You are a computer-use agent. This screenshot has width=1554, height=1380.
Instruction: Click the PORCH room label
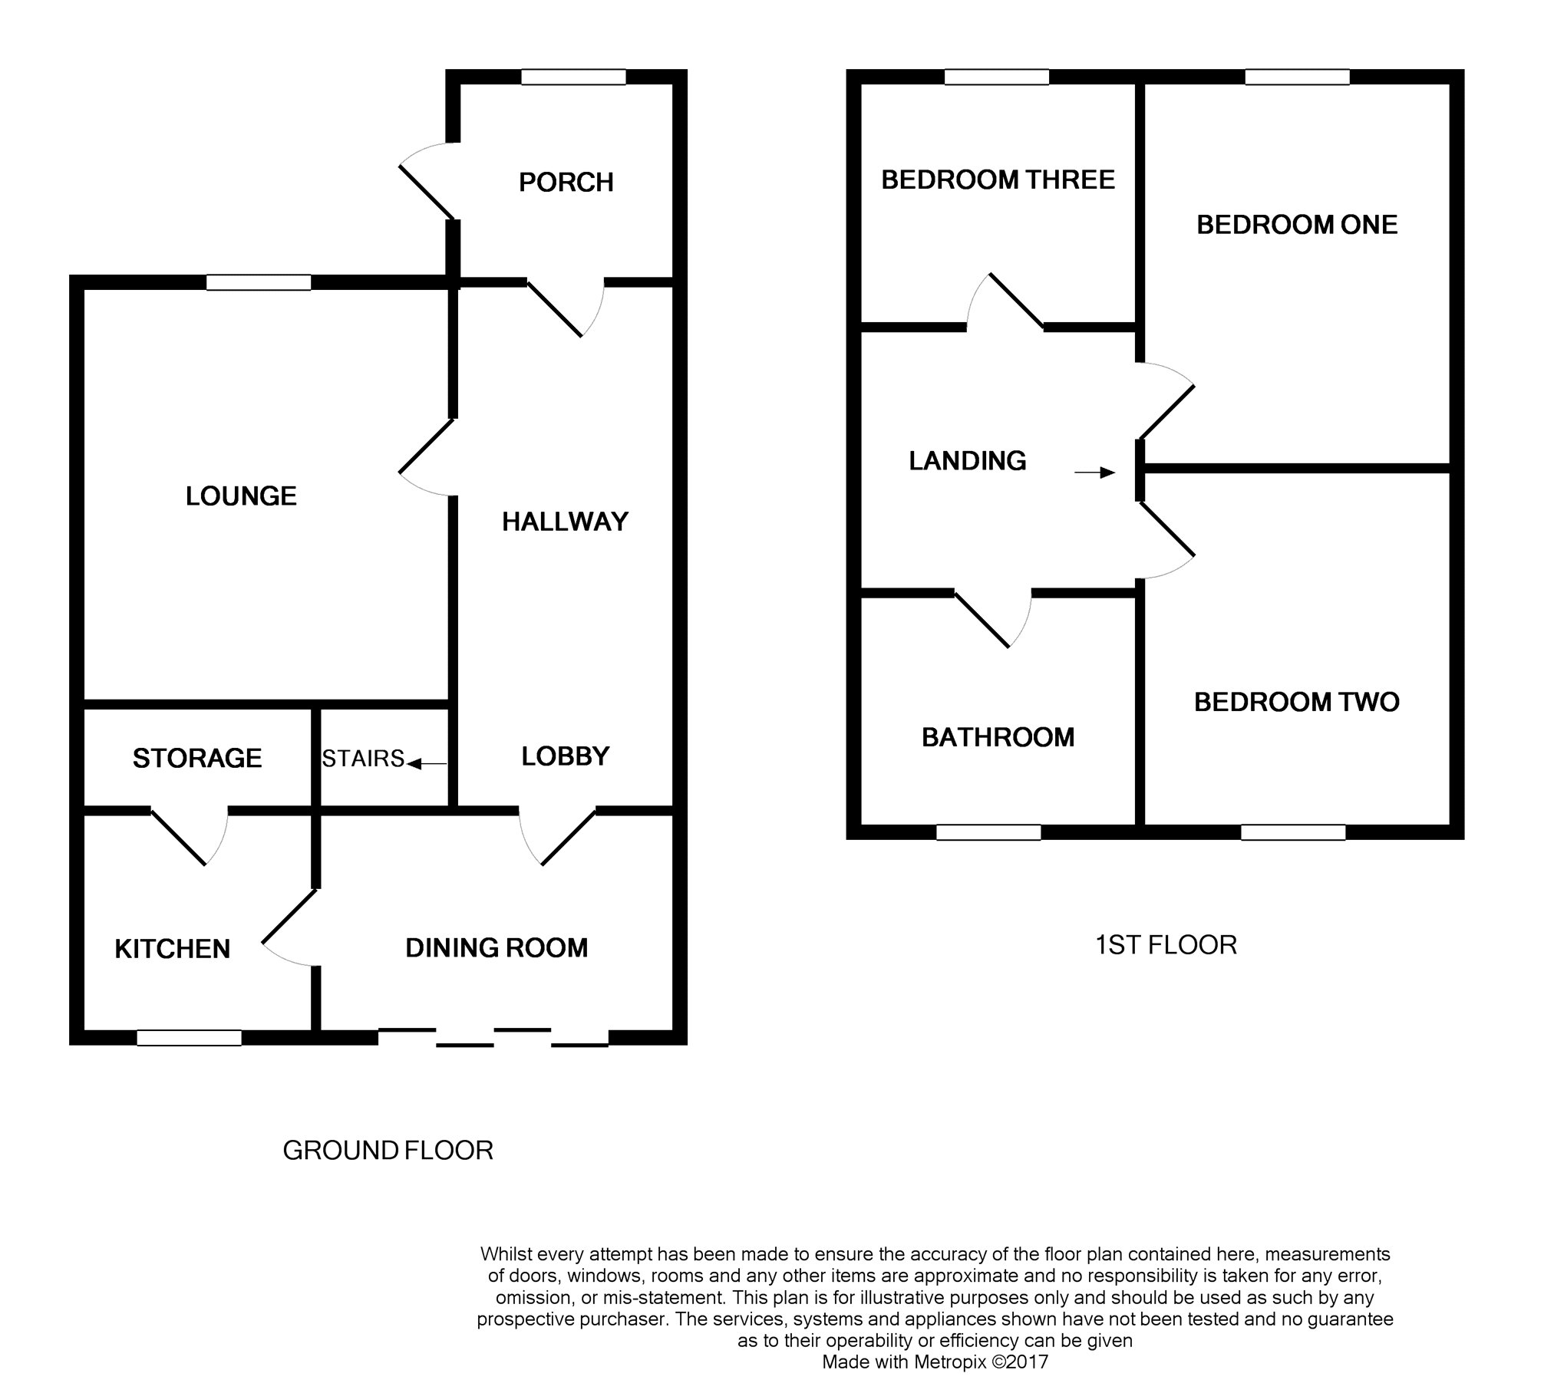click(x=566, y=183)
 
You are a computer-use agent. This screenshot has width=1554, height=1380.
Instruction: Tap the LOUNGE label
click(x=241, y=496)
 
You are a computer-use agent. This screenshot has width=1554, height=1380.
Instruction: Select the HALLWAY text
click(x=565, y=522)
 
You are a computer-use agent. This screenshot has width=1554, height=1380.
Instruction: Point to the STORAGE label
click(x=197, y=759)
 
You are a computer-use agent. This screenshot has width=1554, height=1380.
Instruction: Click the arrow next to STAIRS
click(x=427, y=763)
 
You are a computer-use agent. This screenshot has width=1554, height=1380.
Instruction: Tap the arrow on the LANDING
click(x=1094, y=473)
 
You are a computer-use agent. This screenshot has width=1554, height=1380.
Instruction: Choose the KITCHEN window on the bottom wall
click(x=189, y=1038)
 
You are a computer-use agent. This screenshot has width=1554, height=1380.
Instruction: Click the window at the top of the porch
click(x=573, y=77)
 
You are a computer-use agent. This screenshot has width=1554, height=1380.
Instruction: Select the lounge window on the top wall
click(x=259, y=282)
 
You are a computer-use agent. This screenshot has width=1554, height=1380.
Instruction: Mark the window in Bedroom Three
click(x=996, y=77)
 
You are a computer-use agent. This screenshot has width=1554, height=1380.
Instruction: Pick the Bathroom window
click(x=988, y=832)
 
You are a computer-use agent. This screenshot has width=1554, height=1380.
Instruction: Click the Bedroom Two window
click(x=1293, y=832)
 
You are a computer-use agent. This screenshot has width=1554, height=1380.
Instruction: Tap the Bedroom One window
click(x=1297, y=77)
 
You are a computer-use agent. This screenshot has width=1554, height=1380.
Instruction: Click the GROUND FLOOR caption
click(x=388, y=1151)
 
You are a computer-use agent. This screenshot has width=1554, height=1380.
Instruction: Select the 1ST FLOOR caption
click(x=1166, y=945)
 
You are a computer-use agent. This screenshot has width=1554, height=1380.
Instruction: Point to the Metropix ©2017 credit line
click(x=935, y=1362)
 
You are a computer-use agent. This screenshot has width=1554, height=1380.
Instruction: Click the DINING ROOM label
click(x=497, y=948)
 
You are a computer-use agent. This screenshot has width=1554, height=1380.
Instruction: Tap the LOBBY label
click(x=566, y=756)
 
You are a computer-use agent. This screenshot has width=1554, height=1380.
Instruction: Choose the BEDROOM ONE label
click(x=1297, y=225)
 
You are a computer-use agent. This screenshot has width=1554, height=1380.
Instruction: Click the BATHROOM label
click(x=998, y=738)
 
